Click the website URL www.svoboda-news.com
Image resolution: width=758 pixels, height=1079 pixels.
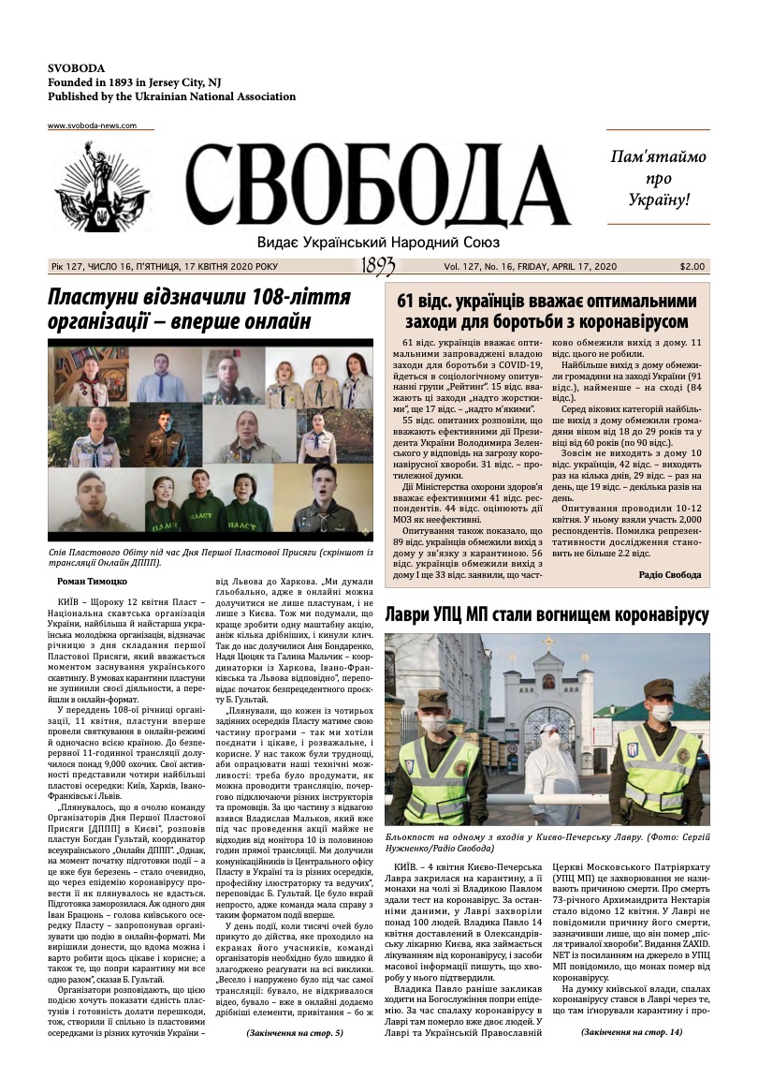(x=92, y=126)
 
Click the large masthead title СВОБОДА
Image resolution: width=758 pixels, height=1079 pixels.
(x=377, y=187)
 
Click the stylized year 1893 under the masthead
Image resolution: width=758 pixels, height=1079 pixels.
(x=377, y=267)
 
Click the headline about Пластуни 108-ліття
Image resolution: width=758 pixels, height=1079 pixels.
(x=199, y=310)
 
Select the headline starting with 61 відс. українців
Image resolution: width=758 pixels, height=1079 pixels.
(x=547, y=312)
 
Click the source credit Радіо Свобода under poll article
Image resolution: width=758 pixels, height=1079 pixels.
(x=669, y=574)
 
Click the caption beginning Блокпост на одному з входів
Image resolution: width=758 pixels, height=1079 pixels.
(x=547, y=840)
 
